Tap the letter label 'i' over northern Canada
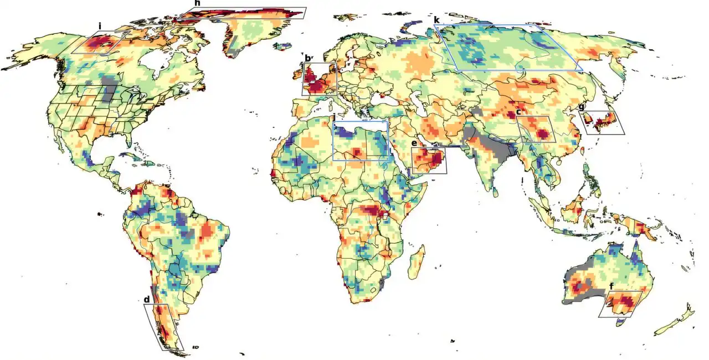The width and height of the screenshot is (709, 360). (100, 26)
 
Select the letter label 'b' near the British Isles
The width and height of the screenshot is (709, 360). (308, 58)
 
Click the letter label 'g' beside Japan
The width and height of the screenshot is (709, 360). (581, 106)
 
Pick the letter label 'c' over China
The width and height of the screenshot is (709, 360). (518, 112)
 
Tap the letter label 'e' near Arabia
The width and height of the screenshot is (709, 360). (414, 143)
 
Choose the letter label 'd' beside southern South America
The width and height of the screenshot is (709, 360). (147, 300)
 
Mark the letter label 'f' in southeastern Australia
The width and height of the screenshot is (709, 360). (612, 286)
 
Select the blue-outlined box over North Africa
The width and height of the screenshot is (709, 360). (360, 140)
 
